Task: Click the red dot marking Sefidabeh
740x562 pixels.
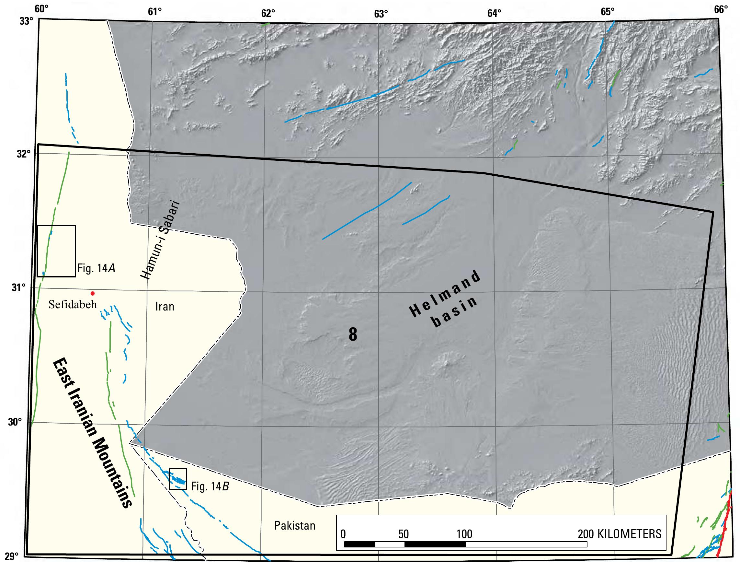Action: [93, 294]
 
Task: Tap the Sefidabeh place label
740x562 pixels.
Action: [73, 305]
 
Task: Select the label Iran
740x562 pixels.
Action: [165, 307]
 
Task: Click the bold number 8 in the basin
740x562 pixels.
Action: [353, 334]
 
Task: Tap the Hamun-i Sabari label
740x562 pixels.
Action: [160, 240]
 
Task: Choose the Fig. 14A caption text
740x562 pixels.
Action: [97, 268]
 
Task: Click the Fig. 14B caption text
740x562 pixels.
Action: [210, 486]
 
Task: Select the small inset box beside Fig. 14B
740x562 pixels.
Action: [178, 479]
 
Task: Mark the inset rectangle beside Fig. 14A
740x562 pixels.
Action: [56, 251]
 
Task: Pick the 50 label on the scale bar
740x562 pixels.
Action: [404, 534]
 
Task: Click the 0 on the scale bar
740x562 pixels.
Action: [343, 534]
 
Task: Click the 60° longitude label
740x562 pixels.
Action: [40, 9]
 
